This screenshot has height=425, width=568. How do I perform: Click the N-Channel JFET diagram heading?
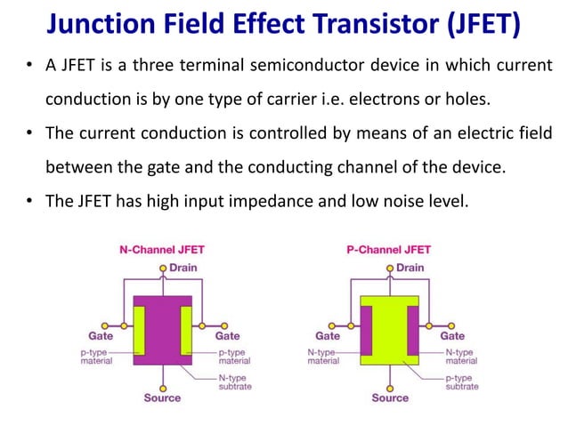tap(162, 250)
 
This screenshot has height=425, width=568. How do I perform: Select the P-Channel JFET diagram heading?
tap(388, 250)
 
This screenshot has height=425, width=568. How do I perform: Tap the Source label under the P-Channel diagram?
tap(390, 397)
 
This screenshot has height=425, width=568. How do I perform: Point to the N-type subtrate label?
tap(235, 381)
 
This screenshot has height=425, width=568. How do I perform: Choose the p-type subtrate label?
tap(461, 381)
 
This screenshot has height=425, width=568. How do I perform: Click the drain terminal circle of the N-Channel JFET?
tap(162, 268)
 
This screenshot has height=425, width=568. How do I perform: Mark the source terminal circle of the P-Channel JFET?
tap(390, 385)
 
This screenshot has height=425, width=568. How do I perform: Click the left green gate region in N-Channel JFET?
tap(139, 330)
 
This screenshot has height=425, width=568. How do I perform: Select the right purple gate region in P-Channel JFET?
tap(413, 330)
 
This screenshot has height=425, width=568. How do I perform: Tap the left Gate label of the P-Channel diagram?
tap(328, 336)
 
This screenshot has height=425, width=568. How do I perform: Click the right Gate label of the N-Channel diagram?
tap(228, 336)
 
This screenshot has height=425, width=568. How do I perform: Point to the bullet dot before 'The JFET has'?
tap(31, 200)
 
